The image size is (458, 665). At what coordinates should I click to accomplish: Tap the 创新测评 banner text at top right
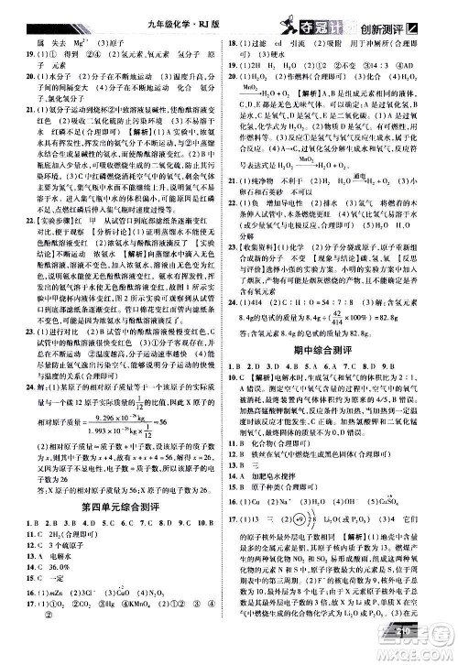point(386,13)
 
